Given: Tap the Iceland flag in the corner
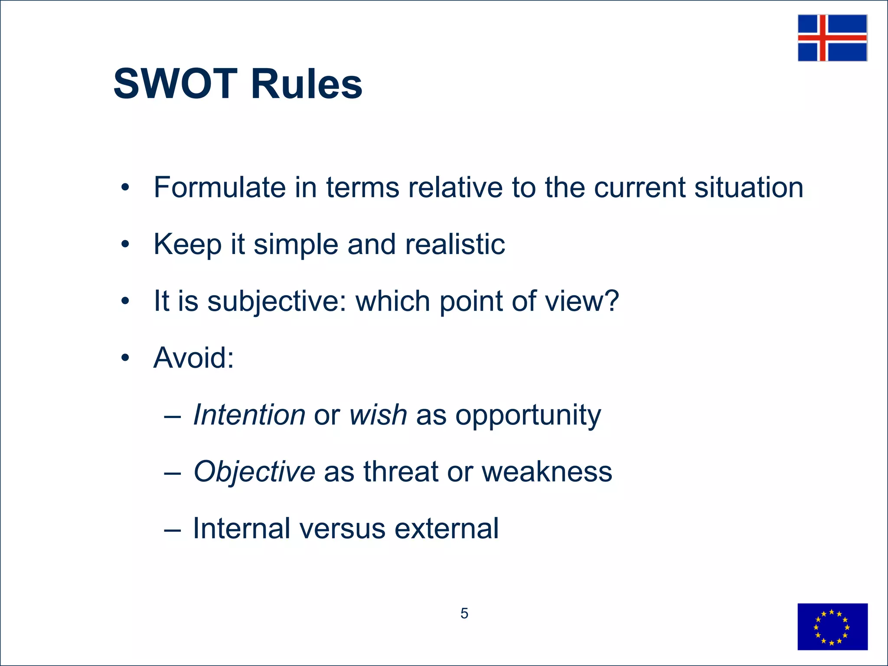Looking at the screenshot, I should (x=832, y=38).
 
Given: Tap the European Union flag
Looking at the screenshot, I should (x=832, y=627).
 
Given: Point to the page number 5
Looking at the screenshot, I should (x=464, y=613).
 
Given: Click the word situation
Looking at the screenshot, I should (x=748, y=187).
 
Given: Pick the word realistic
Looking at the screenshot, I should (x=455, y=244).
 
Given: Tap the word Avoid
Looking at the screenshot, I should (x=193, y=358).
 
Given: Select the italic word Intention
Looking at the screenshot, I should (x=249, y=415).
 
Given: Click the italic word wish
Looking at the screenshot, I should (x=378, y=415).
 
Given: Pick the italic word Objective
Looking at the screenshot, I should (x=254, y=472).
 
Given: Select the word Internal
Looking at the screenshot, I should (x=242, y=528).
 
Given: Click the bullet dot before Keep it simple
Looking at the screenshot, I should (x=125, y=244).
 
